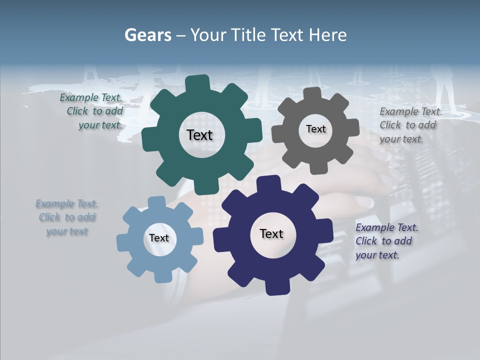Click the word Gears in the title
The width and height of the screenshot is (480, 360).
point(147,35)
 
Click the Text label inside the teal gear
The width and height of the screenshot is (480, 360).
point(199,135)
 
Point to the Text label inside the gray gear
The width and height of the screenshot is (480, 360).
point(315,129)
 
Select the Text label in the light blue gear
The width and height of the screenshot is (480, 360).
point(159,238)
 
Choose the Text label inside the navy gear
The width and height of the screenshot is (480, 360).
point(271,233)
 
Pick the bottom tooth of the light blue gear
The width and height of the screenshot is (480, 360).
point(162,276)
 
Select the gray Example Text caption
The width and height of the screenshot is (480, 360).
point(410,125)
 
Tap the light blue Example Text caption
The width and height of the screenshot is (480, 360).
point(67,217)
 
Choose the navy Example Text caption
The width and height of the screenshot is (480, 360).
point(386,241)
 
